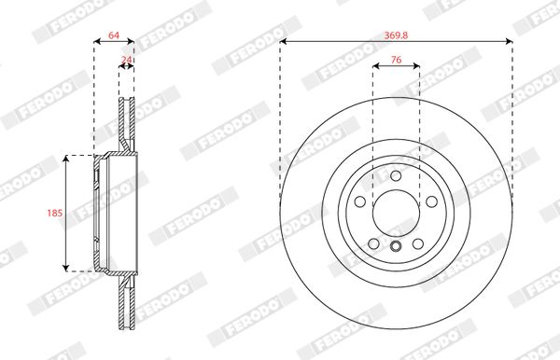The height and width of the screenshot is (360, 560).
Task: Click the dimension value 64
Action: pos(114,35)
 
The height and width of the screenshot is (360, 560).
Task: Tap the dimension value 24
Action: pos(126,60)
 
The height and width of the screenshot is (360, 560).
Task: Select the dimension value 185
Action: pos(55,213)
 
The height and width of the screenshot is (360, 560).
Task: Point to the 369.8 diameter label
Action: pos(396,35)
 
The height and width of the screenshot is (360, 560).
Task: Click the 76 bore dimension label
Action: pos(396,60)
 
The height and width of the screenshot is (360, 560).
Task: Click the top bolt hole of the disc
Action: pos(396,175)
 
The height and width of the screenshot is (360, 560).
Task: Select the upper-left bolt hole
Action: pos(360,201)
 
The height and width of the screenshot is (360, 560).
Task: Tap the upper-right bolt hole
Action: pos(432,201)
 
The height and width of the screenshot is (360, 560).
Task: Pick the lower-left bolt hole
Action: pos(373,244)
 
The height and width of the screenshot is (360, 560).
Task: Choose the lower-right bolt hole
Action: pos(418,244)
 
